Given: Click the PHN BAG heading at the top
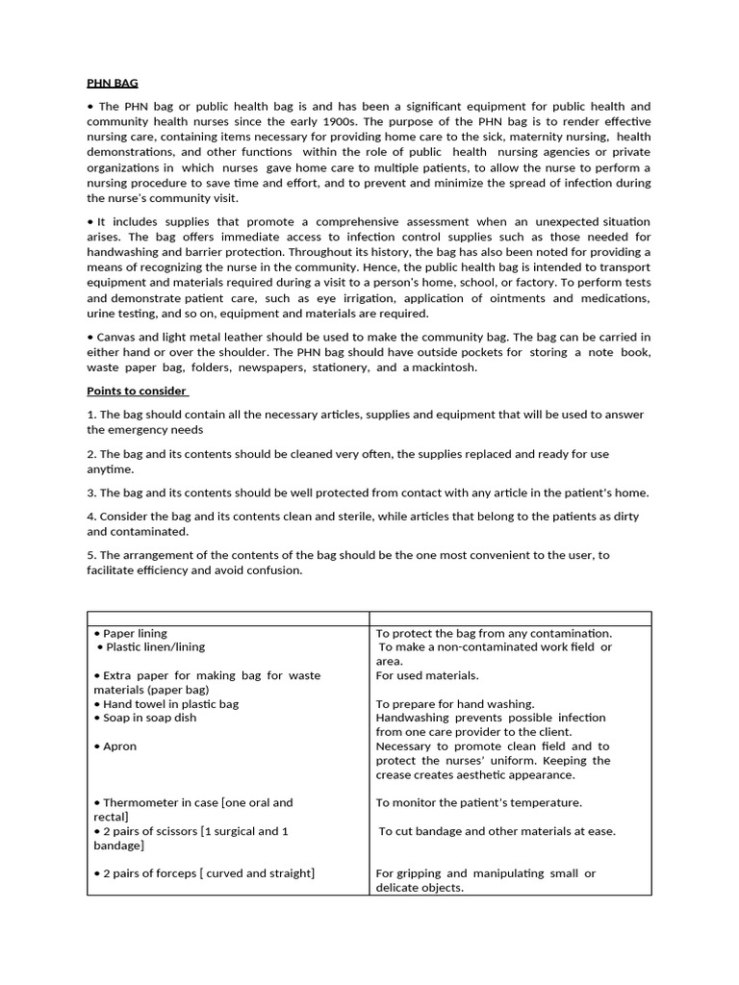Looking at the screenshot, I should [x=113, y=84].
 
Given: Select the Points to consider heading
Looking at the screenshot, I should [x=138, y=391].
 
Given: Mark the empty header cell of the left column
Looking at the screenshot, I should [x=228, y=619].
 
